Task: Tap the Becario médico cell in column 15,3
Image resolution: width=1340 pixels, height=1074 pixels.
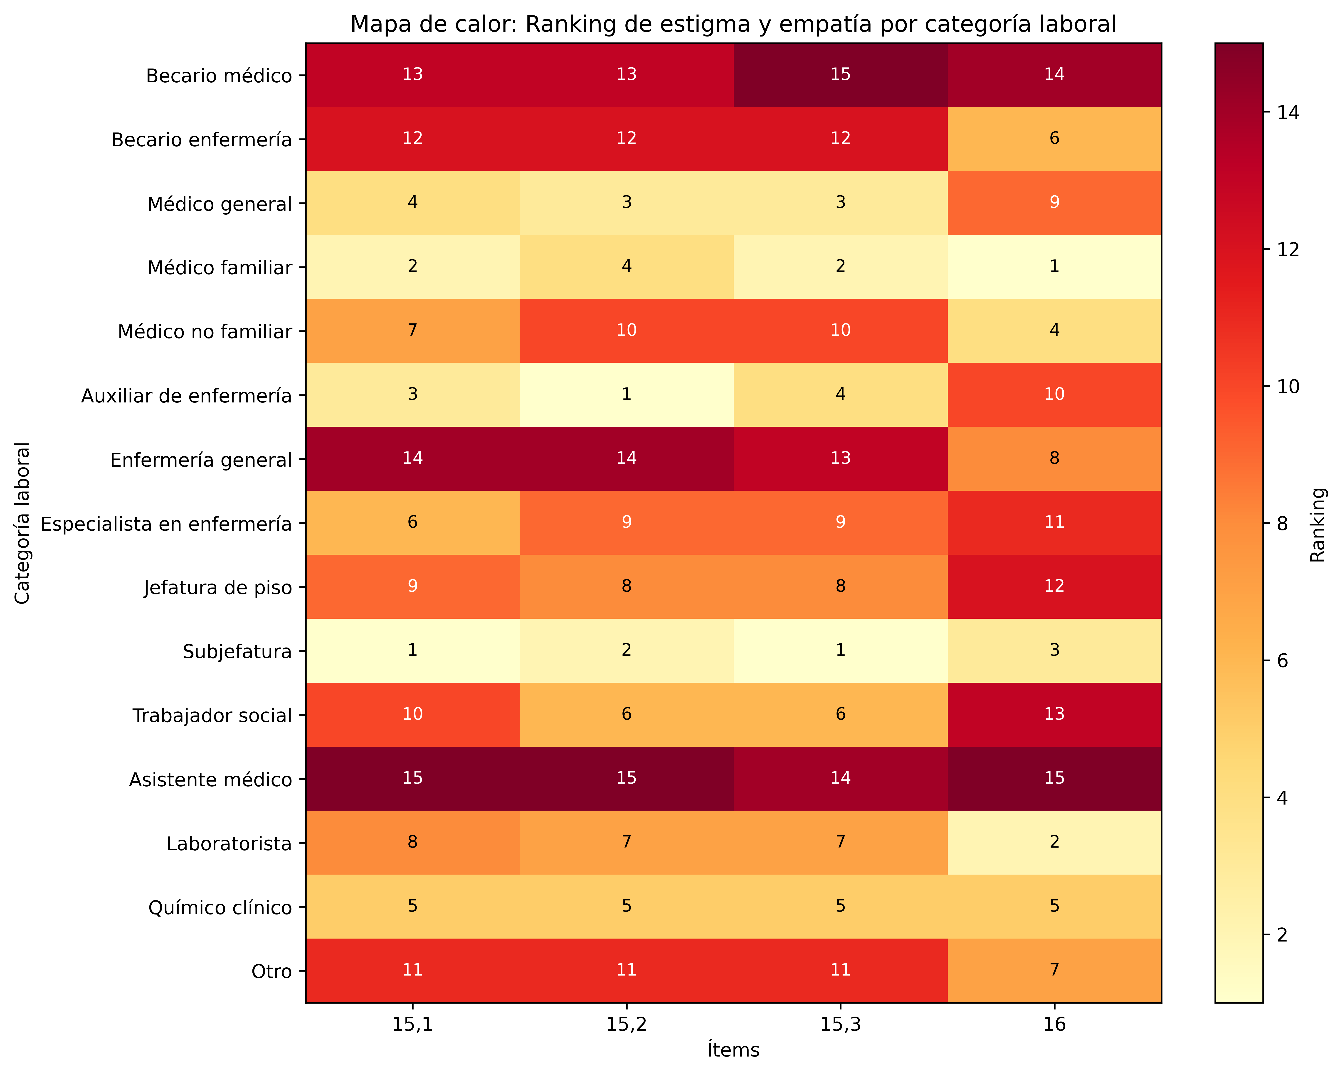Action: coord(840,75)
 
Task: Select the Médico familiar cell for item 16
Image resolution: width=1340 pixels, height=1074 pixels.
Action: coord(1054,267)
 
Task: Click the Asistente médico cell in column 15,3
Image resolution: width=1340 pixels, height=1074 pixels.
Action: coord(840,778)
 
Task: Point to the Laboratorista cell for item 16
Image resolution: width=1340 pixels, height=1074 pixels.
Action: coord(1054,842)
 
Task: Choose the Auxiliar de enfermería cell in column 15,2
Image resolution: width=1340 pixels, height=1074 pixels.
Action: coord(627,395)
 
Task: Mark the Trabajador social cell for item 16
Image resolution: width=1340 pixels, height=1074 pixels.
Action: coord(1054,714)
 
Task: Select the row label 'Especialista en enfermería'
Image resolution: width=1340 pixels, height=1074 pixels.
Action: coord(166,524)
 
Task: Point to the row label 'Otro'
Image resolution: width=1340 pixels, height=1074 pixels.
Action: coord(271,971)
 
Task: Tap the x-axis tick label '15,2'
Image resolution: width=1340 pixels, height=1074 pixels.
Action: coord(627,1024)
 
